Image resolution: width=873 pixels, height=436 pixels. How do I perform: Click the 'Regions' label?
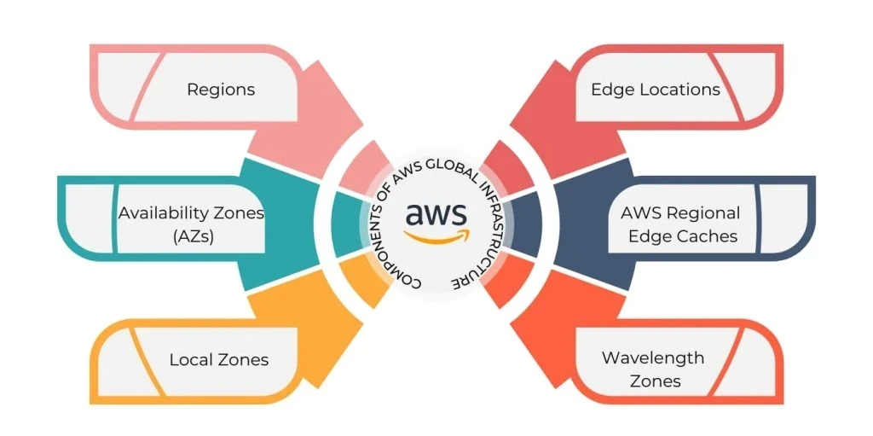pyautogui.click(x=221, y=89)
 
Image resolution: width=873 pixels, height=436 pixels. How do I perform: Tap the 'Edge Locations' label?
pyautogui.click(x=655, y=89)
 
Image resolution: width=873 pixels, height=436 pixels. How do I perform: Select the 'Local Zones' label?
pyautogui.click(x=218, y=359)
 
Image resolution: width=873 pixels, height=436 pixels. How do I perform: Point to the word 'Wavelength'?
pyautogui.click(x=653, y=358)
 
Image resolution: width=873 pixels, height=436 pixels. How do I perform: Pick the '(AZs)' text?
pyautogui.click(x=191, y=236)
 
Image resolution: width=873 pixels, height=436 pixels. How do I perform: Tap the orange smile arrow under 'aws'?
pyautogui.click(x=436, y=237)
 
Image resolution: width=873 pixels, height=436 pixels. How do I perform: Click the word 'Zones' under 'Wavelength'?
pyautogui.click(x=655, y=381)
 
